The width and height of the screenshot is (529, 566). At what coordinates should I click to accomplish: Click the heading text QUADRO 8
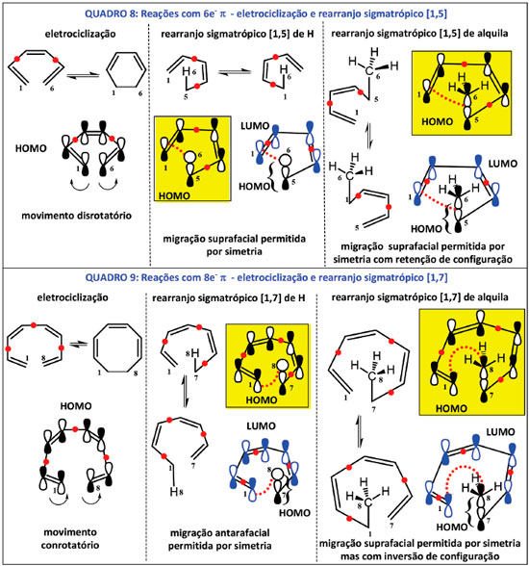point(110,14)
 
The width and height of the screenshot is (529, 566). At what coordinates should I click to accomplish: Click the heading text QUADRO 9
point(111,277)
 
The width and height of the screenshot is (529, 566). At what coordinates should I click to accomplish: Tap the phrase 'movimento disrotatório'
point(76,216)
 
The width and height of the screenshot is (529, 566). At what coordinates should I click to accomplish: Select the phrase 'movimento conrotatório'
point(70,539)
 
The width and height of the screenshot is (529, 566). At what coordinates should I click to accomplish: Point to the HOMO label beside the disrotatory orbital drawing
point(31,148)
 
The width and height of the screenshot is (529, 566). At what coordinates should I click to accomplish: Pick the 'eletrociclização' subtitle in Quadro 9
point(72,297)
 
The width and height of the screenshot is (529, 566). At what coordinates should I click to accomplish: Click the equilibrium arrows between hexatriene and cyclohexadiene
point(84,75)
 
